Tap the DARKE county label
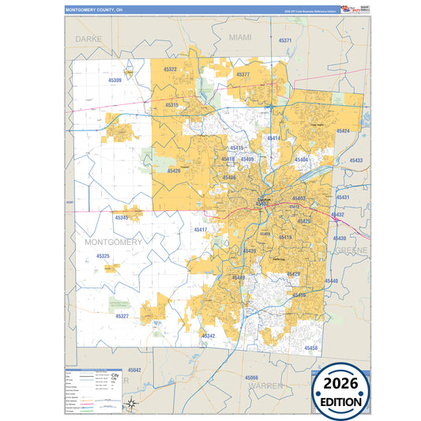pyautogui.click(x=89, y=38)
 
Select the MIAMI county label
pyautogui.click(x=239, y=37)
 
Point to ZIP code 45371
pyautogui.click(x=285, y=40)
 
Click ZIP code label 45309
pyautogui.click(x=115, y=81)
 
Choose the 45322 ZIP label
pyautogui.click(x=170, y=70)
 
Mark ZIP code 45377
pyautogui.click(x=242, y=74)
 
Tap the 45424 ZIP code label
pyautogui.click(x=342, y=130)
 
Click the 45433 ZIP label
pyautogui.click(x=355, y=160)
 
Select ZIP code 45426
pyautogui.click(x=174, y=171)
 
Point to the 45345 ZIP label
pyautogui.click(x=122, y=217)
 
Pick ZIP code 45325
pyautogui.click(x=103, y=256)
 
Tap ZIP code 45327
pyautogui.click(x=122, y=316)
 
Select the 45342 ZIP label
pyautogui.click(x=209, y=336)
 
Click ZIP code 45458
pyautogui.click(x=310, y=348)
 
